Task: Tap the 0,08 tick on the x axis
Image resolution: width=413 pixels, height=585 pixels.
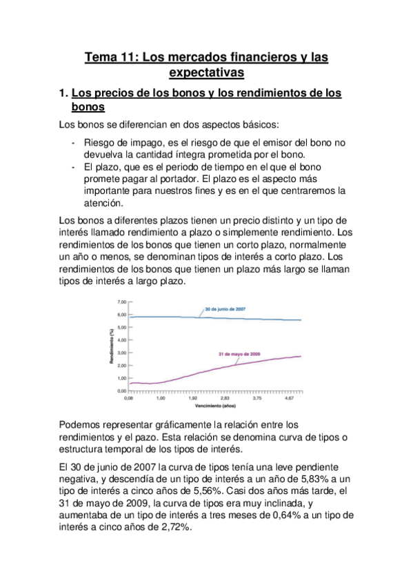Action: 128,399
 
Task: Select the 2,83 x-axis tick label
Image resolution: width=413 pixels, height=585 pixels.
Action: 225,399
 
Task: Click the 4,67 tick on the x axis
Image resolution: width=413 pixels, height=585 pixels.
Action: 289,399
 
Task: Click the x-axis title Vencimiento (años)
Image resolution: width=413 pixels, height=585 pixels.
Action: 214,408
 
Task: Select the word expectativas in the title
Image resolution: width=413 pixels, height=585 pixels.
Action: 206,73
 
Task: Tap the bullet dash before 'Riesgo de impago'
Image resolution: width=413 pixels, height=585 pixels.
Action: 74,143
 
